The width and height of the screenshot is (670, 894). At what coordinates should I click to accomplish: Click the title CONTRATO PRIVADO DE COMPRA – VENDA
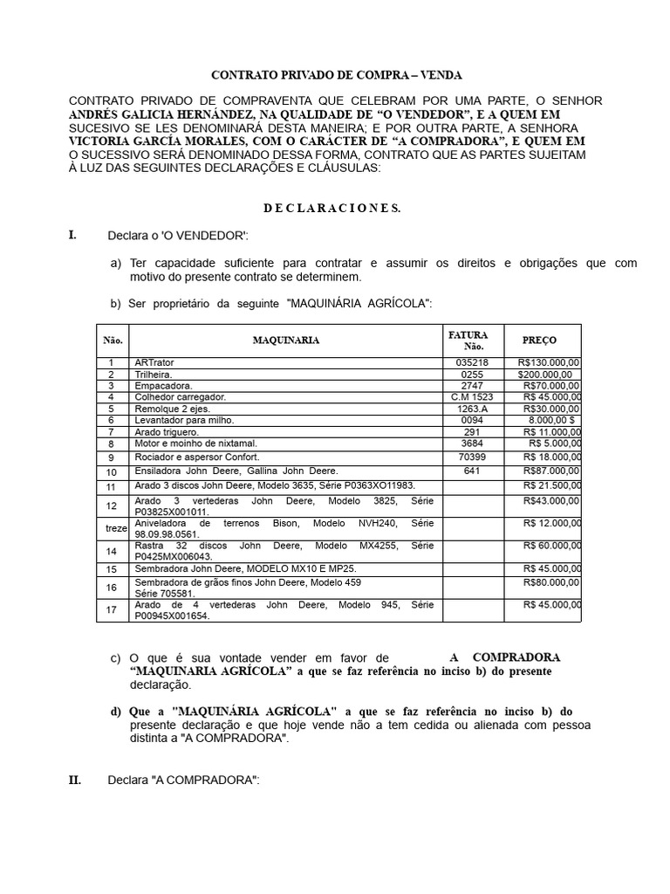coord(338,76)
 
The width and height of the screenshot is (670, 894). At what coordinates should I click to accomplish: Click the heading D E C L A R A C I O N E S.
coord(332,208)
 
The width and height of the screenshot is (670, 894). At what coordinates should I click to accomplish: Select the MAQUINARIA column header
coord(285,340)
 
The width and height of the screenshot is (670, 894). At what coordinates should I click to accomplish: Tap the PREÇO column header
coord(538,340)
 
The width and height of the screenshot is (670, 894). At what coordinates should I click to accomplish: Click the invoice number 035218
coord(472,362)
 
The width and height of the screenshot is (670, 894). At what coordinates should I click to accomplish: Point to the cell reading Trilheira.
coord(154,374)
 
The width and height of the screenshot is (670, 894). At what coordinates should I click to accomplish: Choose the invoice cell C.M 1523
coord(472,396)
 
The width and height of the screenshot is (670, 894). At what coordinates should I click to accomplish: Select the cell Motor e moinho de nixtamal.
coord(195,444)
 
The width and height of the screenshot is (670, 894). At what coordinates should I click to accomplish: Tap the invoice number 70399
coord(472,457)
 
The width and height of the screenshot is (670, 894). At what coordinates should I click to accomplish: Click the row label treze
coord(112,528)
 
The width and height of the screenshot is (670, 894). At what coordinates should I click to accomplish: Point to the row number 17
coord(112,609)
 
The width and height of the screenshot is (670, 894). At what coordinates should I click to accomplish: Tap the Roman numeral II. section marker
coord(75,780)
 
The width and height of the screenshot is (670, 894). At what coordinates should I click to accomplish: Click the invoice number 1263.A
coord(472,409)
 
